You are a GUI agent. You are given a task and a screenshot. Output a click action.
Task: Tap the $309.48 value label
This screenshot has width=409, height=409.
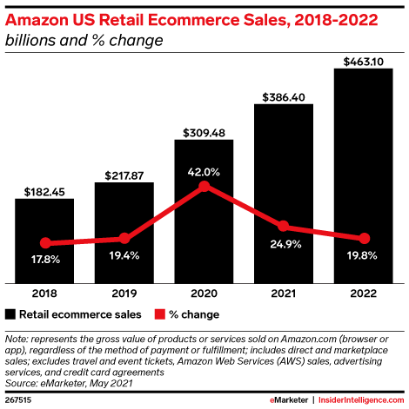(204, 133)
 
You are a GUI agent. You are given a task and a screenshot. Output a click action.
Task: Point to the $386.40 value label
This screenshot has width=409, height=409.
(284, 97)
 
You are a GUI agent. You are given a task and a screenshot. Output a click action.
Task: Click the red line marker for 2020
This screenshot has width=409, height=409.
(204, 185)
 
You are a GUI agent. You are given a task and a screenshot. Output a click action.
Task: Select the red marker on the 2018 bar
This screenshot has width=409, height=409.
(44, 243)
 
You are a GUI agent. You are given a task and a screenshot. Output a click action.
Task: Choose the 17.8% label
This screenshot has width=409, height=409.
(44, 258)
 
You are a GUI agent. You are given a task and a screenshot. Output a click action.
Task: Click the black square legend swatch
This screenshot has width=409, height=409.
(11, 314)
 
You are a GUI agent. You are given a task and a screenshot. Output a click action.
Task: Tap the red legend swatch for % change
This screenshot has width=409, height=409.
(159, 314)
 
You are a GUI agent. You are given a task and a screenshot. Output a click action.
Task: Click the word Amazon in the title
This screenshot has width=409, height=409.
(37, 17)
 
